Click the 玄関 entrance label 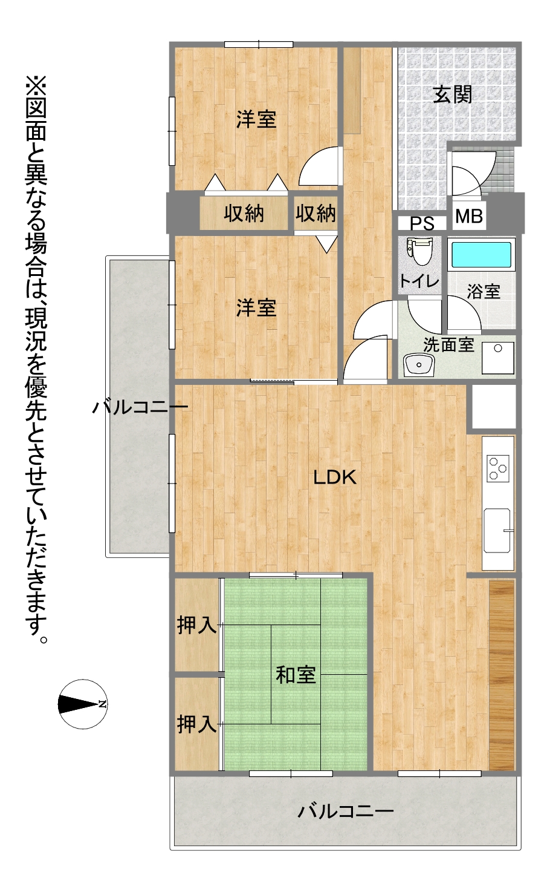click(452, 94)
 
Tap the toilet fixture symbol click(419, 252)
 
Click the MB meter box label click(469, 216)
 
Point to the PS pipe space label click(422, 223)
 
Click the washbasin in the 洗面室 click(419, 364)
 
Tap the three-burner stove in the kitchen click(498, 468)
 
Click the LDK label click(335, 477)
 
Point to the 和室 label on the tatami click(296, 675)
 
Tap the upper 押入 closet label click(196, 625)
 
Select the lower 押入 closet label click(196, 724)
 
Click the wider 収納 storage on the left click(244, 213)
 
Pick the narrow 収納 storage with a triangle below click(316, 213)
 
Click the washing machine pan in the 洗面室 click(498, 358)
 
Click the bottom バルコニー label click(345, 811)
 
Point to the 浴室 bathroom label click(483, 292)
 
